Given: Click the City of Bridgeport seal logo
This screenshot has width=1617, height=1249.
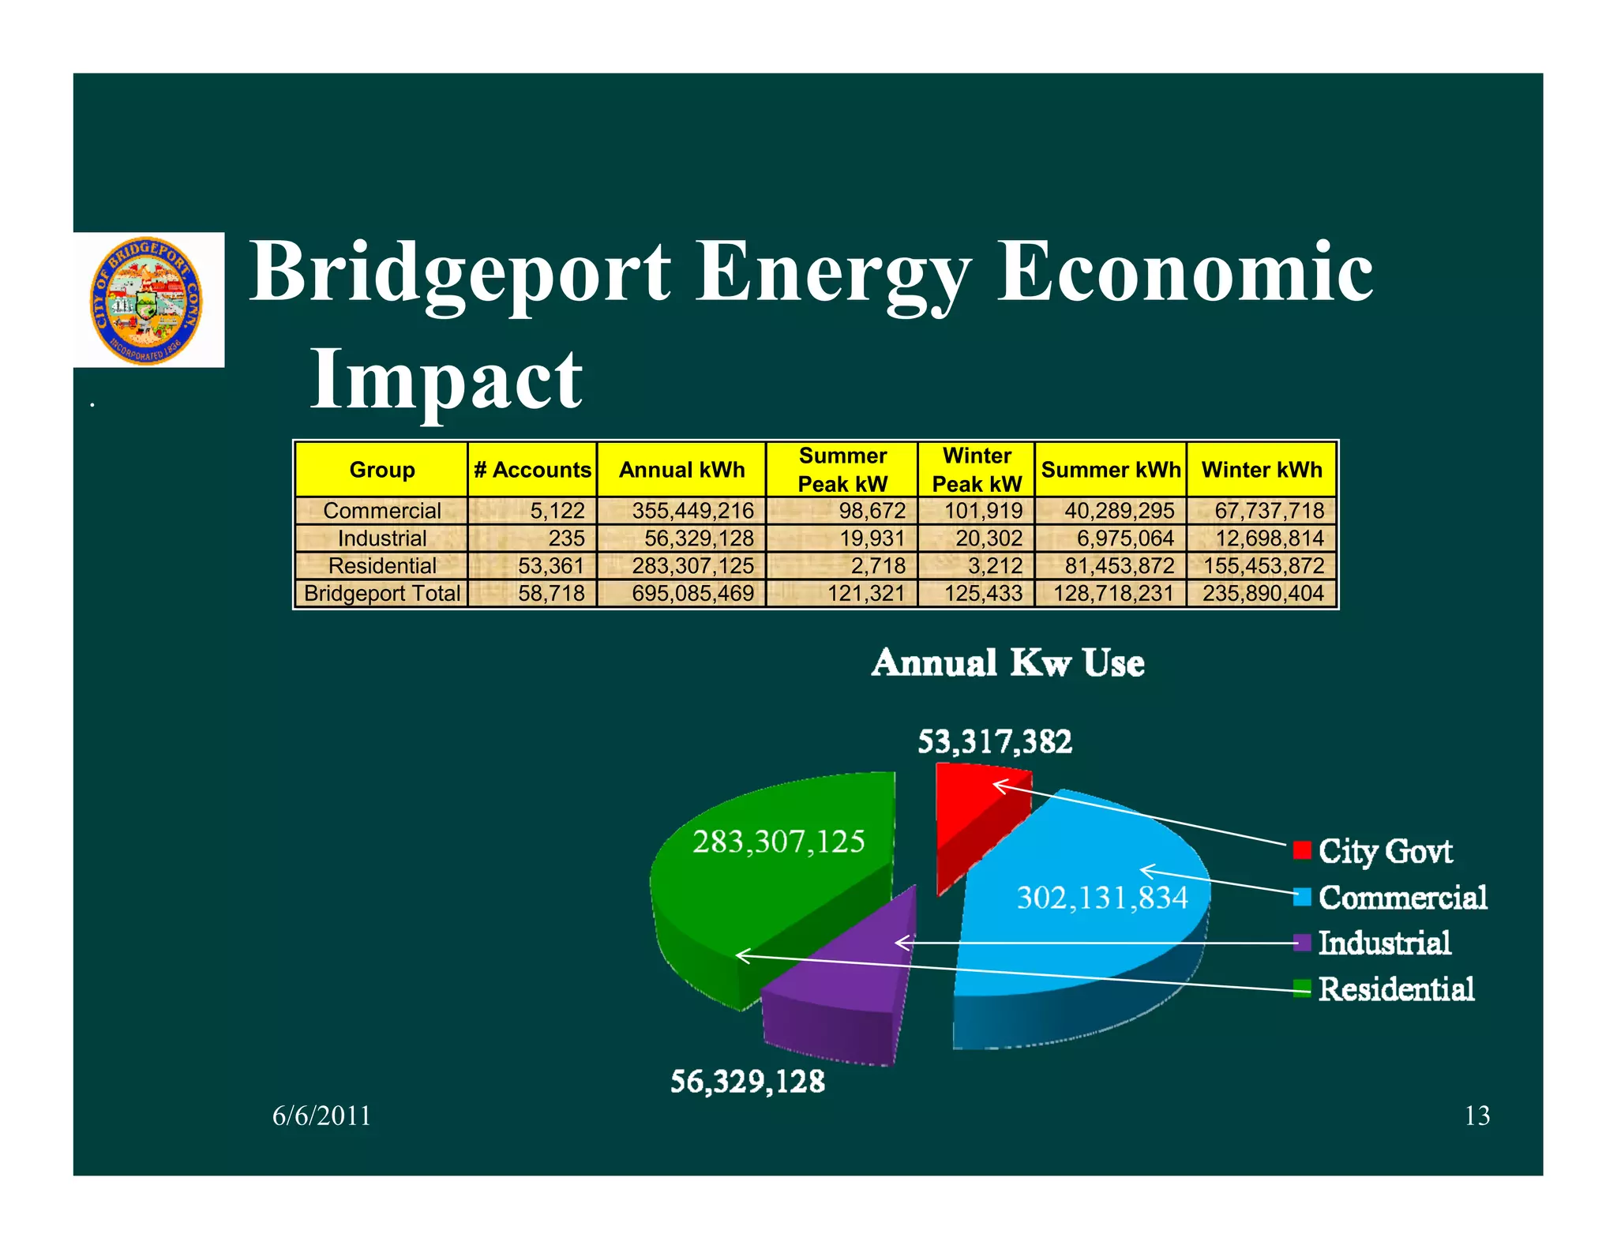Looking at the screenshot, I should click(147, 301).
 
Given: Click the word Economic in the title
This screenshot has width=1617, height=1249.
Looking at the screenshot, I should click(1184, 272).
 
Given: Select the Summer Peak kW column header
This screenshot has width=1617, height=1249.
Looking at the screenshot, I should click(842, 470).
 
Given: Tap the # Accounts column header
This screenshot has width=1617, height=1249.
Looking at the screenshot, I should click(532, 470).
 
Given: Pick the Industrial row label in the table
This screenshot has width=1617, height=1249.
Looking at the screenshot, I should click(381, 538).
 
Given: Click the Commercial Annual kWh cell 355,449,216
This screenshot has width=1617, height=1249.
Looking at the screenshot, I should click(692, 511).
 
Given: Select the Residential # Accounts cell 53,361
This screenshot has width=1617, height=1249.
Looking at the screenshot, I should click(550, 566).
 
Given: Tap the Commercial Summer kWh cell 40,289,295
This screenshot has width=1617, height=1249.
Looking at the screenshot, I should click(1119, 511).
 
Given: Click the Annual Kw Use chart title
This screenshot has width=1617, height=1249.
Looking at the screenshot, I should click(1007, 662).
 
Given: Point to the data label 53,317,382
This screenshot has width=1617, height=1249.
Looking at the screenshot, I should click(994, 741).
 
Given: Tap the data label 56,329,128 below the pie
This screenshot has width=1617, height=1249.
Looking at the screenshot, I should click(747, 1081).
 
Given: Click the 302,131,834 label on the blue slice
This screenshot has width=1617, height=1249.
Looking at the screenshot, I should click(1101, 898).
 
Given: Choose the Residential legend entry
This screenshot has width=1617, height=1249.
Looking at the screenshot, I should click(1395, 988).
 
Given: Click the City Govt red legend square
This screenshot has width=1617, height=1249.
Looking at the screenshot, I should click(1302, 850).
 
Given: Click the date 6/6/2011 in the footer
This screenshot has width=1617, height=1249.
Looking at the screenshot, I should click(321, 1116).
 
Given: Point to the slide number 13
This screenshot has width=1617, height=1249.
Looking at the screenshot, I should click(1476, 1116).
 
